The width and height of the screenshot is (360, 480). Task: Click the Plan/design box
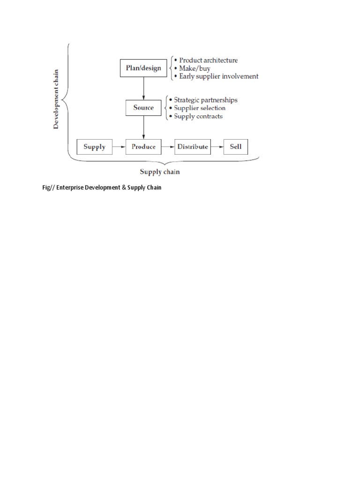click(x=143, y=68)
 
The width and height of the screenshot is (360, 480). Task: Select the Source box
click(x=143, y=107)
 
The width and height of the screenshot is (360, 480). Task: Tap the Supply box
click(x=94, y=147)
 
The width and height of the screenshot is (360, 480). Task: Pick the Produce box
click(x=143, y=147)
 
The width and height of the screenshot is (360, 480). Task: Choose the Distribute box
click(x=193, y=147)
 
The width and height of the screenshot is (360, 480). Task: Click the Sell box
click(x=236, y=147)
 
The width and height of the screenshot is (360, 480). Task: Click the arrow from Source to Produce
click(x=143, y=127)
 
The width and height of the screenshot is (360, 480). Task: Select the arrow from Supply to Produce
click(x=119, y=147)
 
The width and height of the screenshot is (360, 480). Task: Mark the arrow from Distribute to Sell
click(x=217, y=147)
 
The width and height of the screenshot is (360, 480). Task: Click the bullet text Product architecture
click(x=208, y=60)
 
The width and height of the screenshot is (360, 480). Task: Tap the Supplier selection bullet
click(x=200, y=108)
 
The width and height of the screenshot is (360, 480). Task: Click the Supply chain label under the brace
click(x=160, y=172)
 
